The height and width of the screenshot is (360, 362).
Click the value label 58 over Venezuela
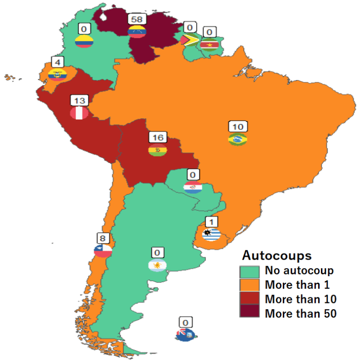click(x=137, y=19)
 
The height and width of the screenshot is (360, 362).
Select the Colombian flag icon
click(x=84, y=41)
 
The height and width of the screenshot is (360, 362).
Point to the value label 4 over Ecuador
click(x=57, y=63)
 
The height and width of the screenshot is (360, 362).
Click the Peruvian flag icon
click(x=79, y=113)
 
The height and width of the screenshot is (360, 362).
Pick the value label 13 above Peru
click(x=79, y=101)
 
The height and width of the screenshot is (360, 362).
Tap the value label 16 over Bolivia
click(x=157, y=138)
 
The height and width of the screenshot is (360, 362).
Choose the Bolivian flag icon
click(x=157, y=150)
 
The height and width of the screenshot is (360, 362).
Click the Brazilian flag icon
click(x=238, y=139)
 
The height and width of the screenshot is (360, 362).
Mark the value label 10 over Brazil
click(x=238, y=127)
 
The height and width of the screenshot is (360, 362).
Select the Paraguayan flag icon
click(x=193, y=187)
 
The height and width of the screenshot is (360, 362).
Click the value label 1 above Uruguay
click(x=211, y=221)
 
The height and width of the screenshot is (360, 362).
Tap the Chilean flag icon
click(x=103, y=250)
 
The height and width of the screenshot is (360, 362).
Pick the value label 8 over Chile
click(x=103, y=238)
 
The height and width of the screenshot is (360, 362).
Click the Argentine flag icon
click(x=157, y=265)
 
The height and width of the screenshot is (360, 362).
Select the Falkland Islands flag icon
click(x=186, y=335)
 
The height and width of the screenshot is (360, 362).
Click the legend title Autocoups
click(x=277, y=255)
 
